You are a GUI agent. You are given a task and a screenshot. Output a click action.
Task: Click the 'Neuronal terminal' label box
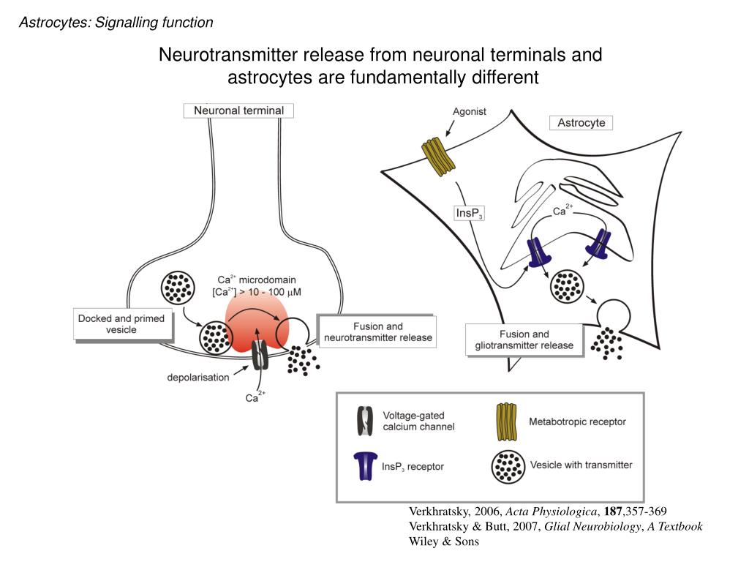[x=238, y=110]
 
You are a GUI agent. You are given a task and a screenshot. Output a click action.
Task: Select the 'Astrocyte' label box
[x=581, y=122]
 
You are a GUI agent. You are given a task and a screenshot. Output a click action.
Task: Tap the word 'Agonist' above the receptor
[x=470, y=112]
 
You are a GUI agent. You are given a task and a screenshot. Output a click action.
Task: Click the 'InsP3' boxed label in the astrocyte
[x=470, y=214]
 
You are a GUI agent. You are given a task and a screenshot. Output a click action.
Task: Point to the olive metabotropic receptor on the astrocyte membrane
[x=437, y=156]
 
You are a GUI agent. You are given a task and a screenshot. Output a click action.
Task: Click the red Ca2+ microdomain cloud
[x=253, y=321]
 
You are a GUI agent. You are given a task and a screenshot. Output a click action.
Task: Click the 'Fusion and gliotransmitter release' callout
[x=524, y=340]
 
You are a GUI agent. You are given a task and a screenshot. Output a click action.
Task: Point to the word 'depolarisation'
[x=198, y=378]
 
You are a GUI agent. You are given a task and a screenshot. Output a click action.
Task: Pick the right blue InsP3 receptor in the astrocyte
[x=599, y=244]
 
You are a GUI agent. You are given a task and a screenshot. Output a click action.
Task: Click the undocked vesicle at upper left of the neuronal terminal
[x=176, y=288]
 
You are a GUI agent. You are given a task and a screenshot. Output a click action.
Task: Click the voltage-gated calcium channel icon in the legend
[x=364, y=421]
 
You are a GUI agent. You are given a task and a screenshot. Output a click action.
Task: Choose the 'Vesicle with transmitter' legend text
[x=581, y=465]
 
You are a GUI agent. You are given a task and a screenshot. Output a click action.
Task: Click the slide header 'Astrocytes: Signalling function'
[x=116, y=23]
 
